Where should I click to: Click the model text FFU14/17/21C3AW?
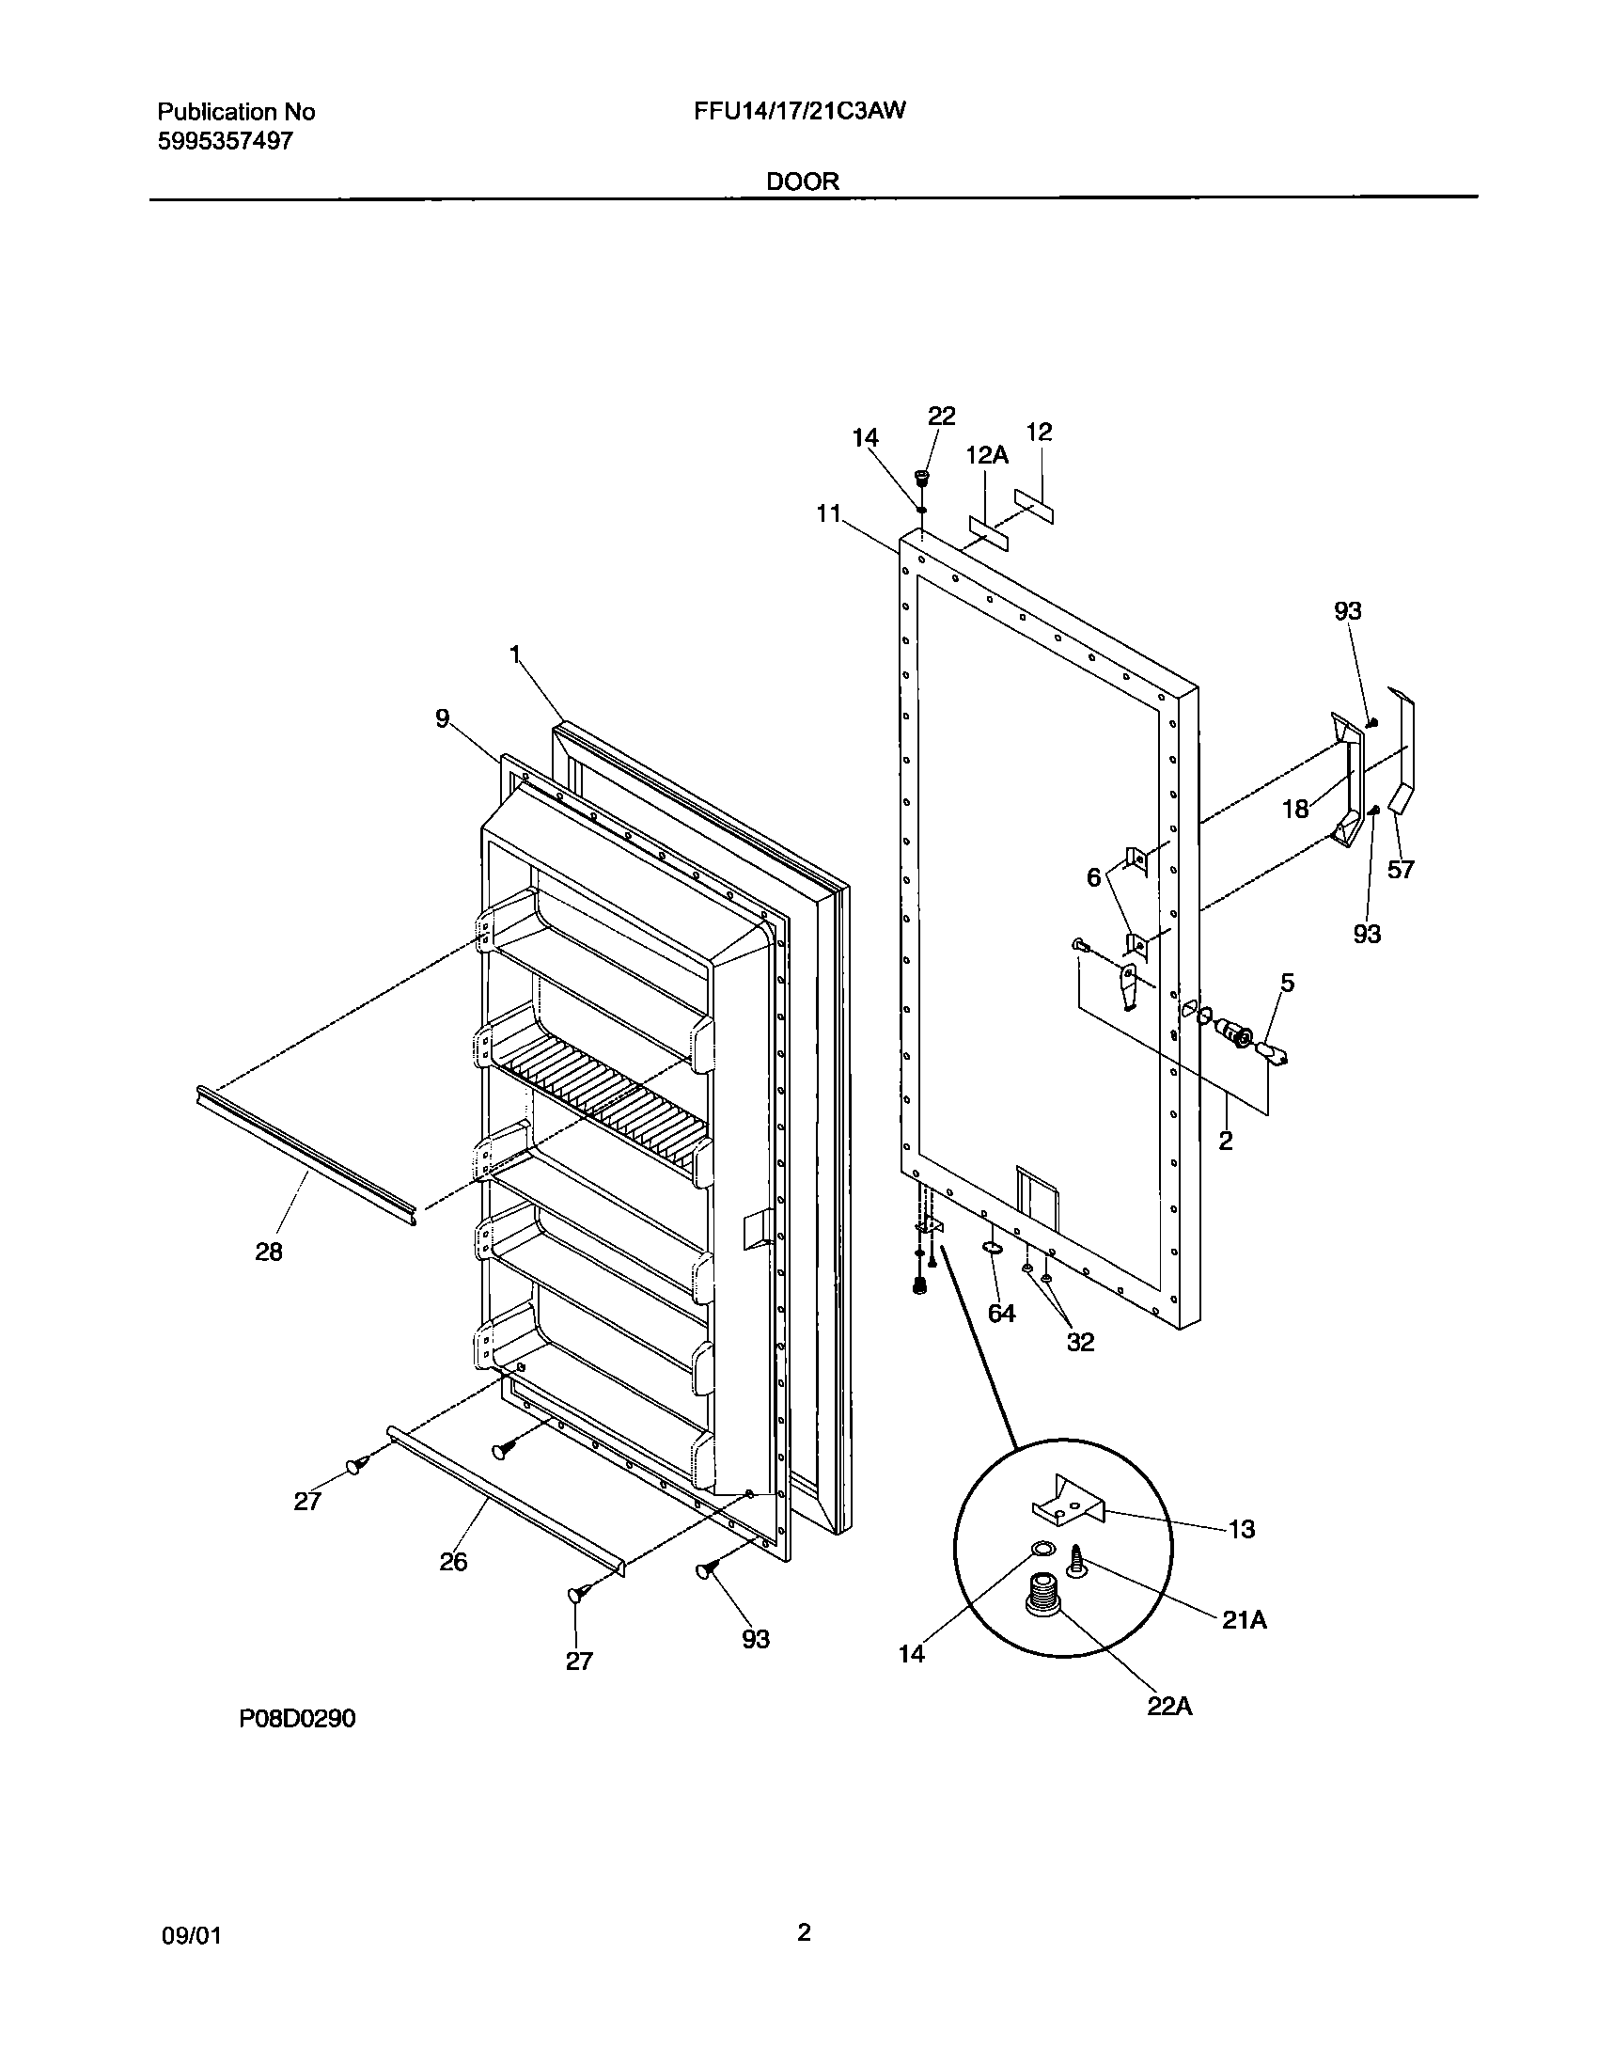pyautogui.click(x=800, y=112)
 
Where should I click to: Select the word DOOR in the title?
pyautogui.click(x=803, y=181)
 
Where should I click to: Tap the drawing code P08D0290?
pyautogui.click(x=297, y=1719)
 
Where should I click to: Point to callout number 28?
pyautogui.click(x=269, y=1252)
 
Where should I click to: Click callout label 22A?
pyautogui.click(x=1169, y=1707)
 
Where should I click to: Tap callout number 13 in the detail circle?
pyautogui.click(x=1242, y=1530)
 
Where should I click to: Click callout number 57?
pyautogui.click(x=1401, y=870)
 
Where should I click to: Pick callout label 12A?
pyautogui.click(x=987, y=456)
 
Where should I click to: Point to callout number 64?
pyautogui.click(x=1002, y=1313)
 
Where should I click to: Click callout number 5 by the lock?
pyautogui.click(x=1287, y=984)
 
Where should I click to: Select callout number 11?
pyautogui.click(x=828, y=513)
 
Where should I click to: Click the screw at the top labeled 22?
pyautogui.click(x=922, y=478)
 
